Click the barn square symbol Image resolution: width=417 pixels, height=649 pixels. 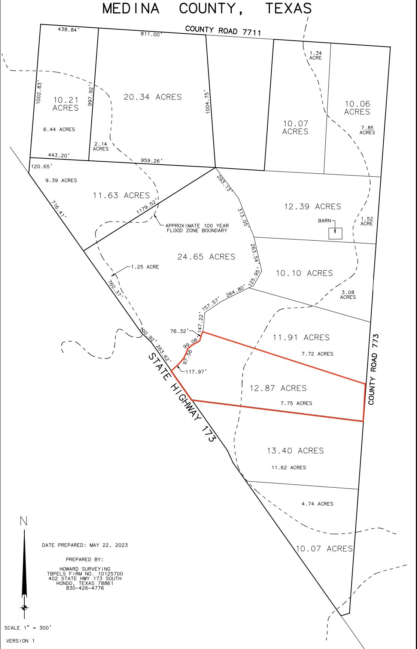coord(335,233)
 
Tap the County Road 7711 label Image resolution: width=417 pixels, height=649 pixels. coord(223,31)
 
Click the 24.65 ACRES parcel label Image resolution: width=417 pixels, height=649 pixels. coord(206,257)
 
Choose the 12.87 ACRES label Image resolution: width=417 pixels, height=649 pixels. coord(278,388)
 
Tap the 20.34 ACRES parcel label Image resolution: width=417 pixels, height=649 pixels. coord(153,97)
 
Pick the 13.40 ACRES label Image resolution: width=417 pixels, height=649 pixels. coord(295,451)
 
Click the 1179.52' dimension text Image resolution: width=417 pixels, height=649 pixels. coord(146,207)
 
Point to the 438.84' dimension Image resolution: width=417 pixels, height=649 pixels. coord(69,30)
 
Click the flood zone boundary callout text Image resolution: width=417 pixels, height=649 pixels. coord(197,228)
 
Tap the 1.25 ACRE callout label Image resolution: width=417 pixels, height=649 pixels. coord(145,267)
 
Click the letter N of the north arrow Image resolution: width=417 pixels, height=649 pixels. coord(24,521)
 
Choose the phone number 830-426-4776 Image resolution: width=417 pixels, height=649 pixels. coord(85,588)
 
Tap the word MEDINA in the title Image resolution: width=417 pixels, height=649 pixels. coord(131,9)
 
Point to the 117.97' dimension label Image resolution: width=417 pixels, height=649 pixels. coord(196,372)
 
